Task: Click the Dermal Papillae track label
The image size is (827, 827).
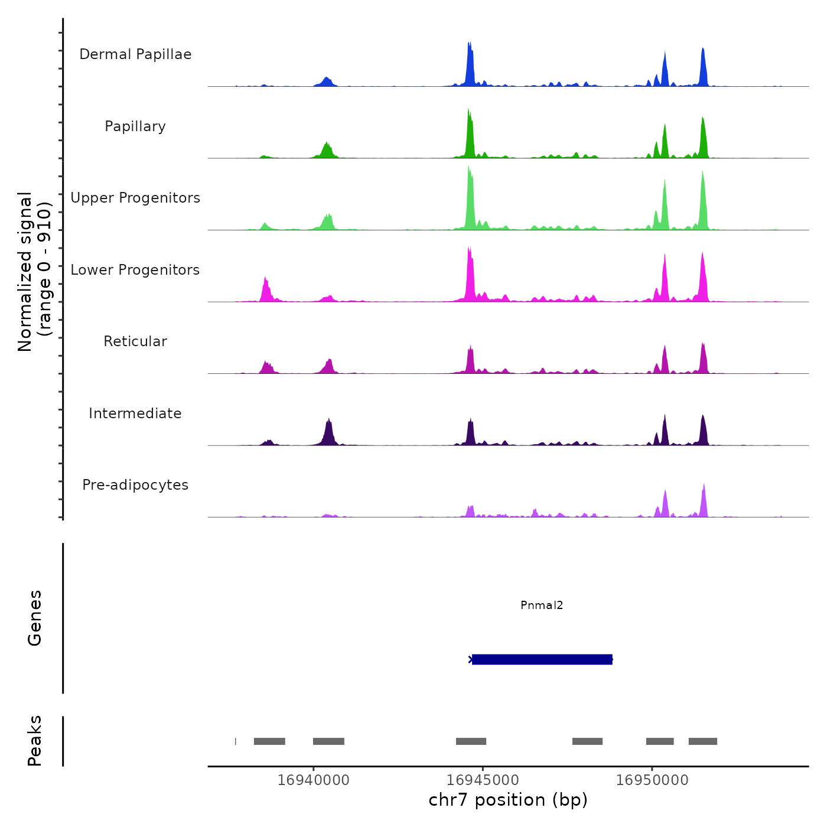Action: coord(135,54)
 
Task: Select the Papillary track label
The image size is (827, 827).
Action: coord(135,126)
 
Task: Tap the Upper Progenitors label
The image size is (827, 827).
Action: coord(135,198)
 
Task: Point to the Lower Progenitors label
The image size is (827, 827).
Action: coord(135,270)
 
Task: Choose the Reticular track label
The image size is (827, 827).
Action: coord(135,341)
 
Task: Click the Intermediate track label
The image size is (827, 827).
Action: coord(135,413)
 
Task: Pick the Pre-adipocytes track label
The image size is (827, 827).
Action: coord(135,485)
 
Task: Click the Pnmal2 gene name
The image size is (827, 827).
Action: coord(542,605)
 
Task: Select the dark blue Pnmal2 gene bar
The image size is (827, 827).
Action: coord(542,659)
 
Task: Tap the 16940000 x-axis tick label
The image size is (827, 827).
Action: coord(314,780)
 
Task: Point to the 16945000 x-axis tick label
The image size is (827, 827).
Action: coord(483,780)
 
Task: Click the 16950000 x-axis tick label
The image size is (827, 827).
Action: coord(652,780)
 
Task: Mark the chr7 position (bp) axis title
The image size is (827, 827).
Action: coord(508,800)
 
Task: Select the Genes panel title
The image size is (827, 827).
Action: coord(35,618)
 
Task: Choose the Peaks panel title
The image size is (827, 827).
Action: coord(35,741)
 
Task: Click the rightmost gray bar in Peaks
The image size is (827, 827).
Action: coord(702,741)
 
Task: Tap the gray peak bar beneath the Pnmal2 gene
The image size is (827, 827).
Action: coord(587,741)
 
